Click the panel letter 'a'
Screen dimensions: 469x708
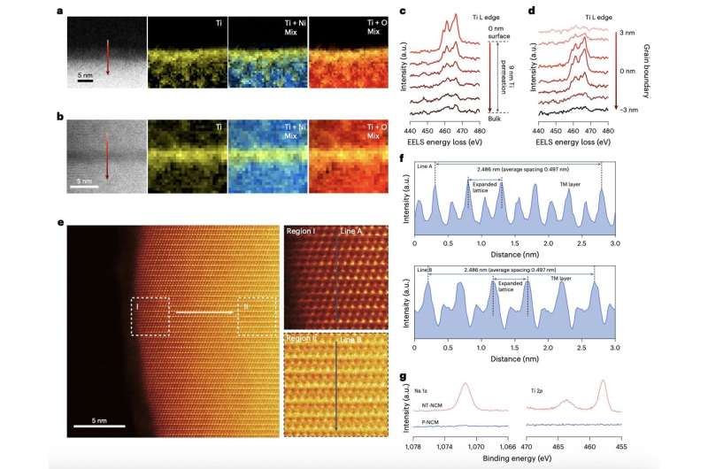pos(60,11)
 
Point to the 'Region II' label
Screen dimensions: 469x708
pos(303,337)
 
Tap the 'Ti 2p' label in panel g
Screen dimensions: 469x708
pos(535,390)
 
